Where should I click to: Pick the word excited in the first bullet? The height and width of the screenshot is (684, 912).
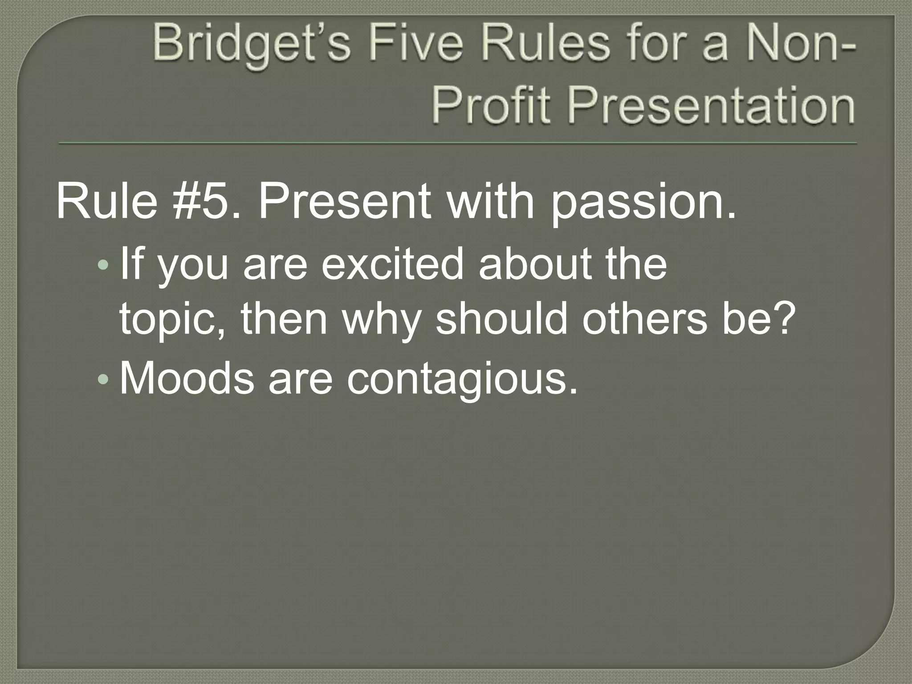point(392,265)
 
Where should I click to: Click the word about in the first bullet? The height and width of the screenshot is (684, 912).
point(535,265)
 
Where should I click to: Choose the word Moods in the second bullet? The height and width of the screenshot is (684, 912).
point(187,379)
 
